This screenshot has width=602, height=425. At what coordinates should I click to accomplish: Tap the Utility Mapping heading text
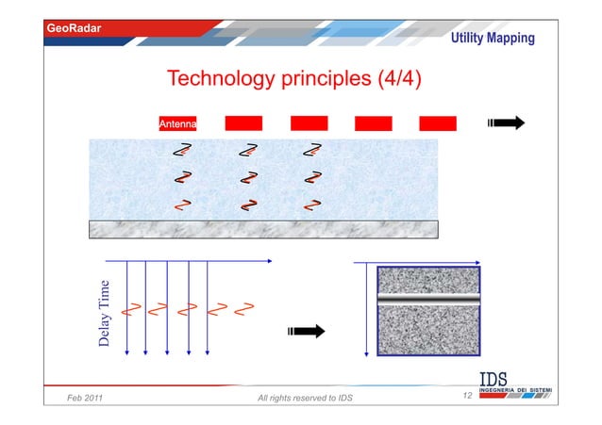pos(492,39)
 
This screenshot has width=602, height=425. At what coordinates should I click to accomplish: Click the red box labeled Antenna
pos(177,123)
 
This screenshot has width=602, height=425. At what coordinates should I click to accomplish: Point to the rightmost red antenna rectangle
pos(438,123)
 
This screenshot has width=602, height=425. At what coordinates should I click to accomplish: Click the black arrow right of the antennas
pos(506,123)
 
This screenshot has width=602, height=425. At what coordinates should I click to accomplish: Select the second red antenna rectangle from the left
pos(243,123)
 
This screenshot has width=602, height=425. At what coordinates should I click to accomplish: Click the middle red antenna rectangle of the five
pos(309,123)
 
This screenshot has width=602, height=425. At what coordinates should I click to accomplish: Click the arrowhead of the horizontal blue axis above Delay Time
pos(269,261)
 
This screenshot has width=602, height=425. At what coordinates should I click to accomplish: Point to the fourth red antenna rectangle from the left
pos(373,123)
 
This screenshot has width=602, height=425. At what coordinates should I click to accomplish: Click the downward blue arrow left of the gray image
pos(365,311)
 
